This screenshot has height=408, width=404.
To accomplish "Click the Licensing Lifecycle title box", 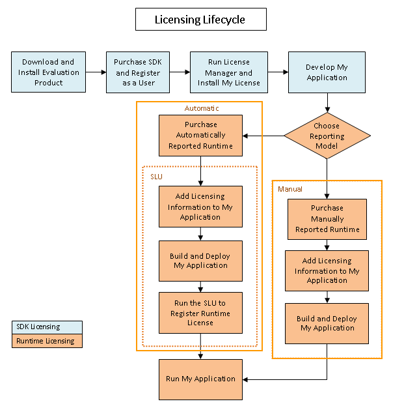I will coord(200,20).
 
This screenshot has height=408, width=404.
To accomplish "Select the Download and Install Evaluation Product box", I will coord(49,72).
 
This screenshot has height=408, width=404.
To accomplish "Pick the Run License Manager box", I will coord(229,72).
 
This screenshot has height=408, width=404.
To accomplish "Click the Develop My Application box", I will coord(327,72).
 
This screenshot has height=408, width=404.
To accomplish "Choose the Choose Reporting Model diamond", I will coord(327,136).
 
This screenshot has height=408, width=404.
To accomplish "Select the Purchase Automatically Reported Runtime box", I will coord(200,136).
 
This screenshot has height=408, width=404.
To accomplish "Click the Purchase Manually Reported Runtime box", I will coord(327,219).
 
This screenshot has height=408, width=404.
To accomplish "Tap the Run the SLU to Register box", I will coord(200,313).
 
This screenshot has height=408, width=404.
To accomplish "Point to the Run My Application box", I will coord(200,379).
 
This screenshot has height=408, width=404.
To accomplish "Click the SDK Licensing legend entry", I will coord(47,327).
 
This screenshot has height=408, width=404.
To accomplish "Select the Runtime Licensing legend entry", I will coord(47,341).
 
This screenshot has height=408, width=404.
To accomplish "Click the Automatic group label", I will coord(201,108).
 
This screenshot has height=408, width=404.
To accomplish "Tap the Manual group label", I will coord(290,189).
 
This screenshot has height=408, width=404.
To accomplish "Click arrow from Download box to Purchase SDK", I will coord(96,72).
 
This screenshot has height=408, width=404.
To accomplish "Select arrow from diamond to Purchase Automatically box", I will coord(263,136).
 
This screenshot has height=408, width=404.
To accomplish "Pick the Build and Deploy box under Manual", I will coord(327,323).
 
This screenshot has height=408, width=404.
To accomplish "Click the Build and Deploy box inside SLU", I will coord(200,261).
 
